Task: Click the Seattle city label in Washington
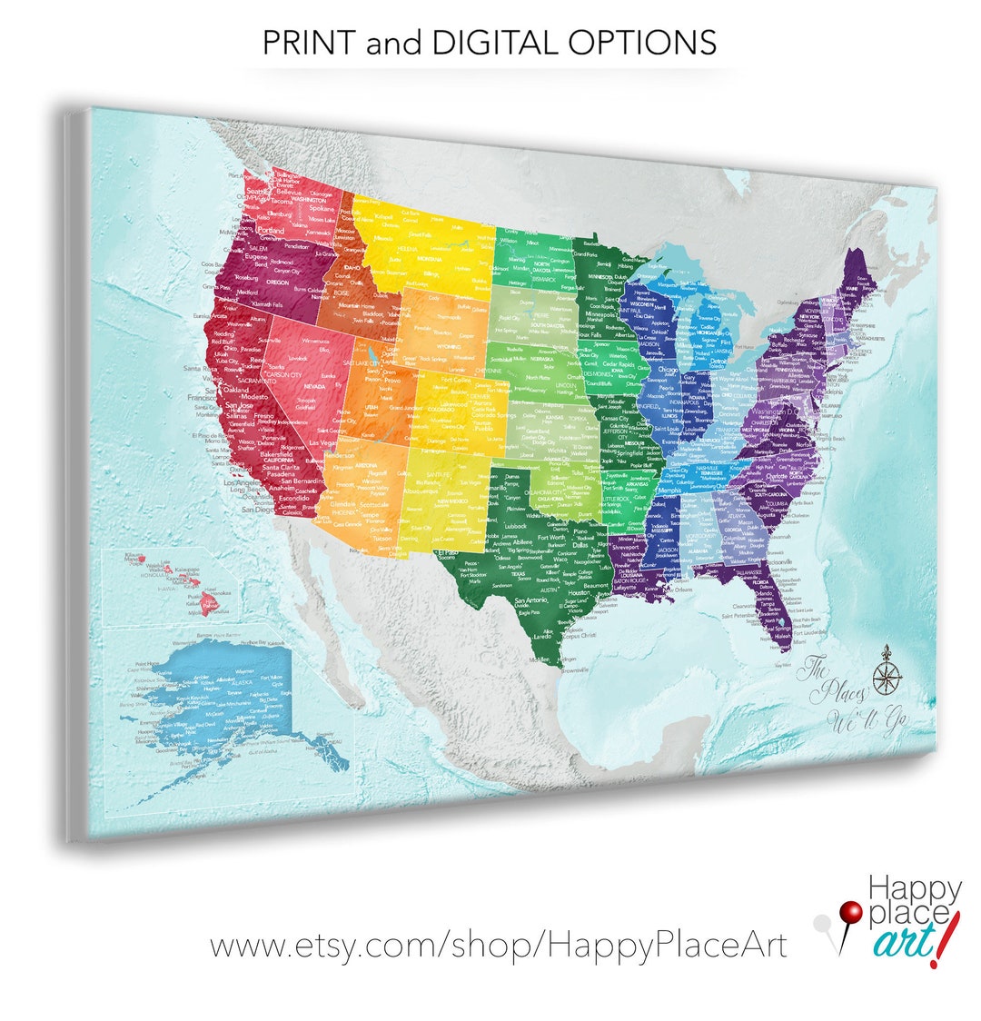tap(259, 192)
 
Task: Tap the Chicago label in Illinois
tap(668, 371)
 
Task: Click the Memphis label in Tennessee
tap(669, 491)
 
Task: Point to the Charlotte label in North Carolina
tap(776, 476)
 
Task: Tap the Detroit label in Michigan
tap(719, 362)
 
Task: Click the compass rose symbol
tap(886, 678)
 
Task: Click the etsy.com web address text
tap(499, 945)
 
